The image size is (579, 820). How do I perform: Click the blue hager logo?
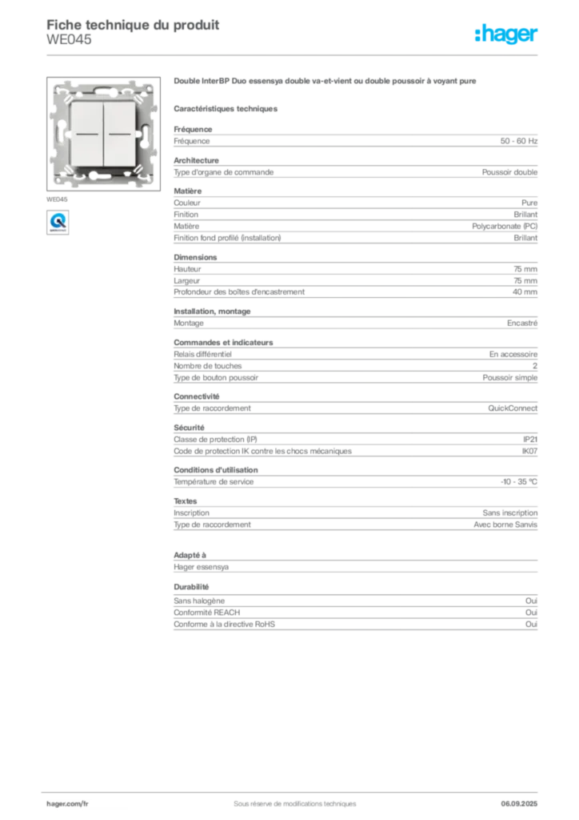click(x=507, y=34)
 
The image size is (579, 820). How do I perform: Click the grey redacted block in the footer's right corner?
click(x=521, y=798)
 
